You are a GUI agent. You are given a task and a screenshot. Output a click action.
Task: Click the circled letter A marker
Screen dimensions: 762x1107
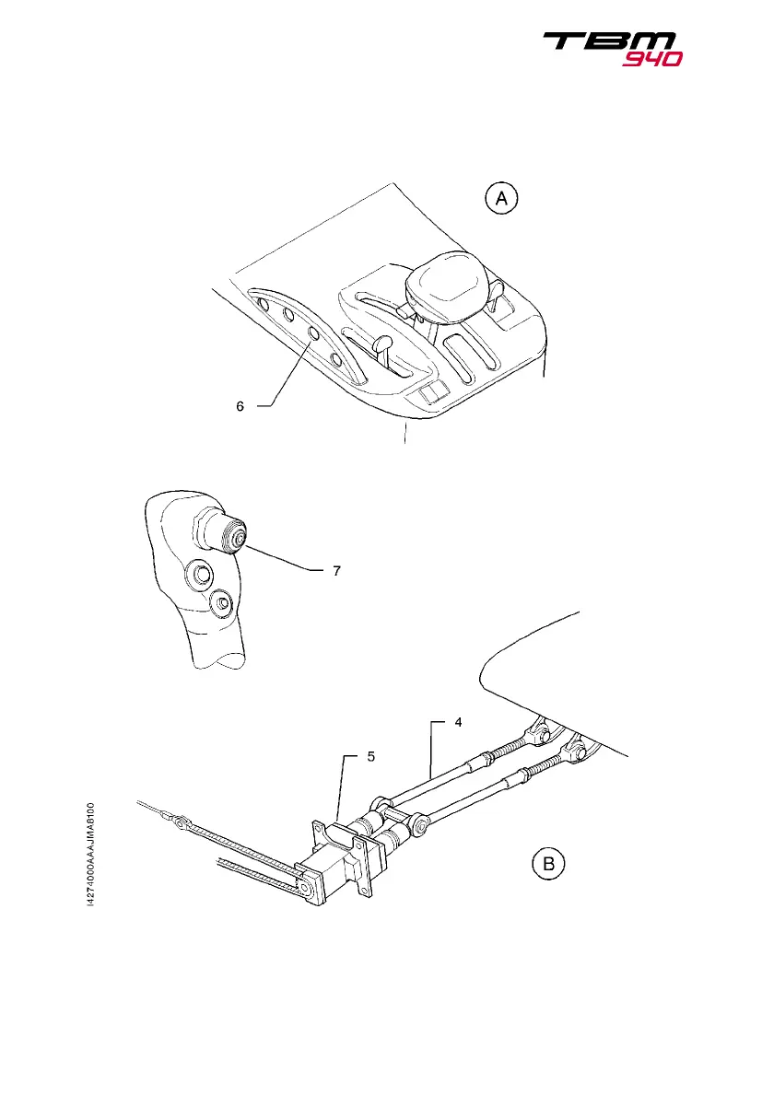pos(503,198)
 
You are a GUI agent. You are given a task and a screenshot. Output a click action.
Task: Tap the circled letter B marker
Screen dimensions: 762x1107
pos(548,864)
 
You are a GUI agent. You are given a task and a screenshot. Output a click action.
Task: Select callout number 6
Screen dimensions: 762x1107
pos(240,406)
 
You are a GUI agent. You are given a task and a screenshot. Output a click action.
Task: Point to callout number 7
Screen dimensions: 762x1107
pos(337,571)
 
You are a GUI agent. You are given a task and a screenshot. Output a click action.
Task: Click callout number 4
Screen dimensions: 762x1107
pos(458,724)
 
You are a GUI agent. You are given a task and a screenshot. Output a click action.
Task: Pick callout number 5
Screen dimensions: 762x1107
pos(371,756)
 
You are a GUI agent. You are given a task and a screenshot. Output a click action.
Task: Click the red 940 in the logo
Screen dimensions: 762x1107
pos(651,59)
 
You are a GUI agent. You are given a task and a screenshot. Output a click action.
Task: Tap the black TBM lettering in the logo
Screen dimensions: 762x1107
pos(610,41)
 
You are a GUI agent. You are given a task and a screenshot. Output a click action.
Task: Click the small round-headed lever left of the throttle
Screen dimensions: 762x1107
pos(383,344)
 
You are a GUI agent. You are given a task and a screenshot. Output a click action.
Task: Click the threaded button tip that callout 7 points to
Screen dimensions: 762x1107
pos(238,537)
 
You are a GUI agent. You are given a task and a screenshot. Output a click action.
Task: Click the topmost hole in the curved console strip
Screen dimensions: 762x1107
pos(263,303)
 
